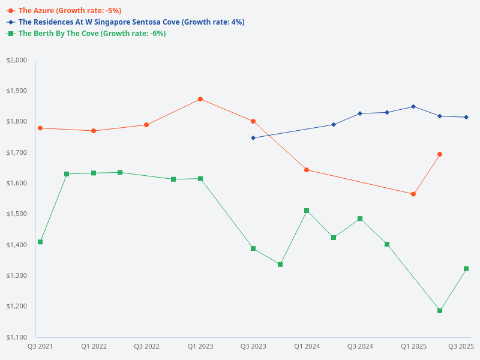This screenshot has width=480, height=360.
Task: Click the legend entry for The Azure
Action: (70, 11)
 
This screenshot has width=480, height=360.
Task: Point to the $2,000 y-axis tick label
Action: (17, 61)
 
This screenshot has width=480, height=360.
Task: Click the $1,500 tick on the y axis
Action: (17, 214)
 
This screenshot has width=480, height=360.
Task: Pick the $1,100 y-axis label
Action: (17, 337)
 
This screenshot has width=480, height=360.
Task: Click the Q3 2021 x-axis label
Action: (40, 346)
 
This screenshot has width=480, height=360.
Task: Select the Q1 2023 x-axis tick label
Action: (200, 346)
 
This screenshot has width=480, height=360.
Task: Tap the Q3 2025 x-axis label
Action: (461, 346)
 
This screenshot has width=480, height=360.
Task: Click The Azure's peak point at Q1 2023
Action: (200, 99)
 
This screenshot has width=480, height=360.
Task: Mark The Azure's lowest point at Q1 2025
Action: (413, 194)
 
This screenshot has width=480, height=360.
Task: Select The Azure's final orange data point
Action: (440, 154)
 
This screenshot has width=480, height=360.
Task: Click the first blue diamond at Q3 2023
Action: (253, 138)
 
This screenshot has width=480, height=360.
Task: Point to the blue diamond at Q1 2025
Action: (413, 107)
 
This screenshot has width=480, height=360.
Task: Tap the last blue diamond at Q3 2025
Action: (466, 117)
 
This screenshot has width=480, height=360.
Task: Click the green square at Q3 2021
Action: (40, 242)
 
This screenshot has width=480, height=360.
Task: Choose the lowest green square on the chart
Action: (440, 311)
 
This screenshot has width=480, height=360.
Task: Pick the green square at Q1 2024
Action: (307, 211)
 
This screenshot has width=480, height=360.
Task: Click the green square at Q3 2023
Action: (253, 248)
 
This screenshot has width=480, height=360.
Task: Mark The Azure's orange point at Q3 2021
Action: (40, 128)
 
